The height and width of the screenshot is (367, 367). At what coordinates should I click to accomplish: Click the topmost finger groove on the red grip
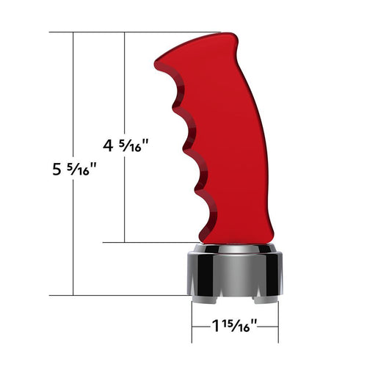[174, 95]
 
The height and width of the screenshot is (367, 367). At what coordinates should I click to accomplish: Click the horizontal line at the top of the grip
[132, 32]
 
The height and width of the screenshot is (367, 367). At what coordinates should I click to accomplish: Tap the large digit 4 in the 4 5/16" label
[109, 146]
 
